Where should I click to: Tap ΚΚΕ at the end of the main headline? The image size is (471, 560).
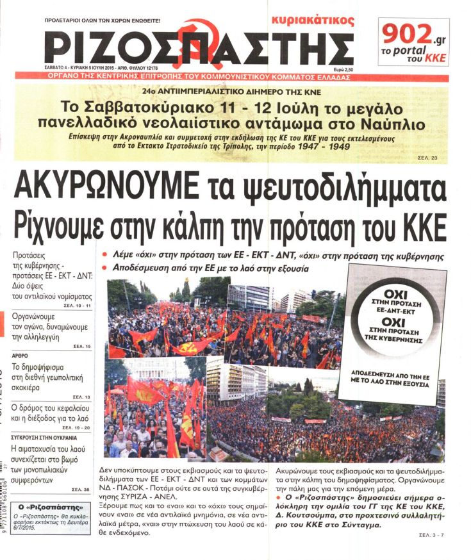(417, 224)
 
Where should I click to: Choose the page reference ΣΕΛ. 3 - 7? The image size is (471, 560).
(433, 534)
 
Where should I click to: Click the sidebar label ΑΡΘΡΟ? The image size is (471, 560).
(21, 354)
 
